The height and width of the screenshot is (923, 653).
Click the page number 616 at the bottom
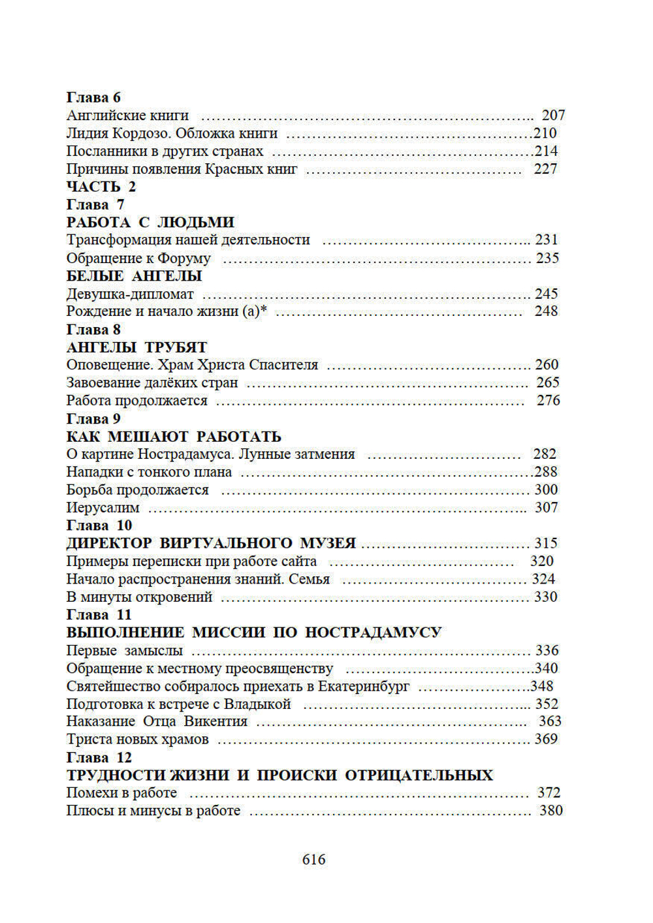coord(313,860)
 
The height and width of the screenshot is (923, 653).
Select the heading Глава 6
coord(93,97)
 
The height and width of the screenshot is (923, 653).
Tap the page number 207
coord(553,116)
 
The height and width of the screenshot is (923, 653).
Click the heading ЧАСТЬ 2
coord(101,187)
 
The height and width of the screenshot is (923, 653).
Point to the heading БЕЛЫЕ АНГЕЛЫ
coord(134,275)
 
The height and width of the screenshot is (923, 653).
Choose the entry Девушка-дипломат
coord(130,294)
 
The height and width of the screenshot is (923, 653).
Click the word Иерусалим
coord(103,507)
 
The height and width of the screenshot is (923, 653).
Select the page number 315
coord(546,543)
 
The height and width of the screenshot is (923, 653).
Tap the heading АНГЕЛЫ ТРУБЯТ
coord(136,347)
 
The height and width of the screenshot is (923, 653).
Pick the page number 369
coord(546,739)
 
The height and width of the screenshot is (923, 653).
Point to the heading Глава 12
coord(99,757)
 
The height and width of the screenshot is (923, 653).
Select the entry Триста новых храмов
coord(137,739)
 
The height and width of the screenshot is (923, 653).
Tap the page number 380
coord(550,810)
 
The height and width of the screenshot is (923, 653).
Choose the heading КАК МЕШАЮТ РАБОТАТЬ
coord(174,436)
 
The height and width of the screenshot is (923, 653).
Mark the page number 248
coord(546,311)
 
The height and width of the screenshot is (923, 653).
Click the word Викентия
coord(215,721)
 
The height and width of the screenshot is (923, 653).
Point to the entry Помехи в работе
coord(121,792)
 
